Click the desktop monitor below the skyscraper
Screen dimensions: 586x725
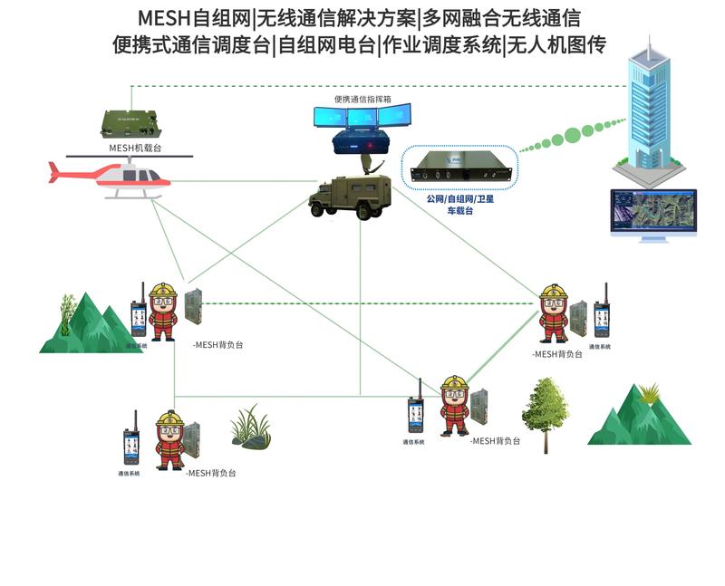(653, 213)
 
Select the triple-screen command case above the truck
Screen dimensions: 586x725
(361, 127)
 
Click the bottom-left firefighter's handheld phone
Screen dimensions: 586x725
(130, 444)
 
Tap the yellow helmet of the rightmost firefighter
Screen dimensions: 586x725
(552, 293)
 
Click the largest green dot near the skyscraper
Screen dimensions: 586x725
(573, 135)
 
